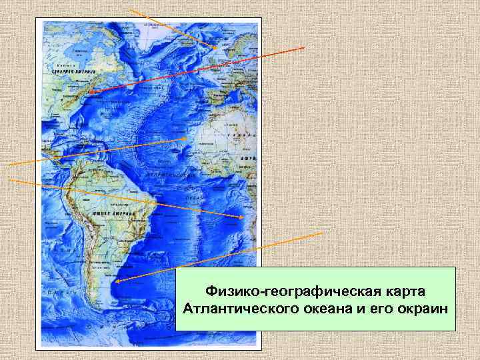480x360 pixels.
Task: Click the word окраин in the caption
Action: (x=423, y=311)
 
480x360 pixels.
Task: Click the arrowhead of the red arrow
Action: (x=91, y=91)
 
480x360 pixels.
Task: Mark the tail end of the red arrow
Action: (x=305, y=48)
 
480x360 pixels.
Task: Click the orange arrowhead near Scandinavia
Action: (x=214, y=47)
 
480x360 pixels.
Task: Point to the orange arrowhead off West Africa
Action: (x=186, y=138)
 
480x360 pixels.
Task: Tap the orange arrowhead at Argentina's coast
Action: (x=116, y=282)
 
